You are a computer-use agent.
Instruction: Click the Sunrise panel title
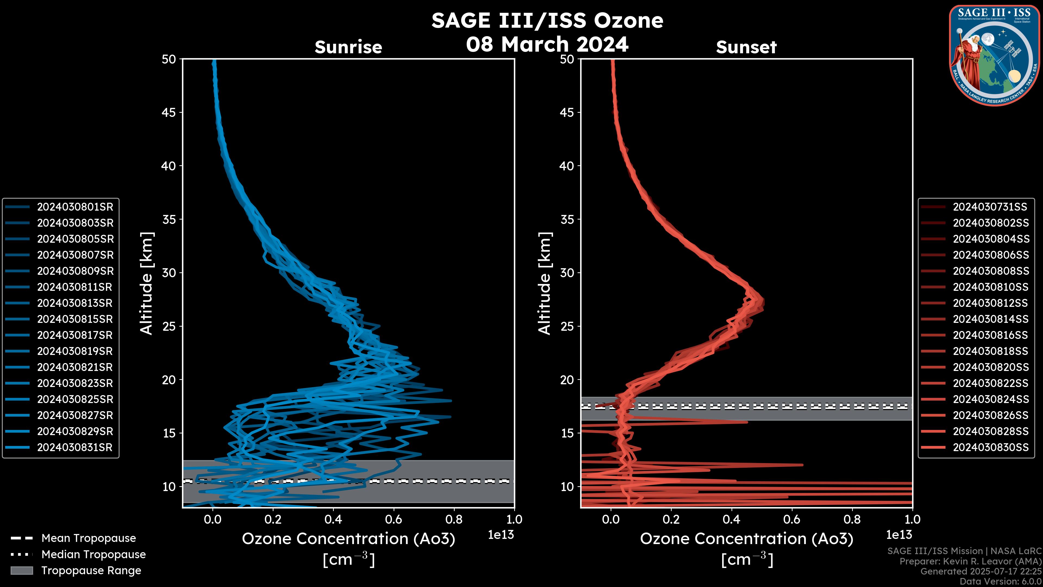pyautogui.click(x=348, y=47)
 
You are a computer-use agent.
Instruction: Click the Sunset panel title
pyautogui.click(x=746, y=47)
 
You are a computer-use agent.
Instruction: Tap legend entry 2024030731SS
pyautogui.click(x=990, y=207)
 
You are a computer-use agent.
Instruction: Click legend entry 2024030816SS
pyautogui.click(x=990, y=335)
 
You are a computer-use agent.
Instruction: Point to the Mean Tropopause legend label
pyautogui.click(x=89, y=538)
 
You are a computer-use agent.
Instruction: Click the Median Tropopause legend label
pyautogui.click(x=93, y=555)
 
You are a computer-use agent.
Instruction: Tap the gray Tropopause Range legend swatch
pyautogui.click(x=21, y=571)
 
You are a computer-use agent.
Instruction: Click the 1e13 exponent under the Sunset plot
pyautogui.click(x=899, y=535)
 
